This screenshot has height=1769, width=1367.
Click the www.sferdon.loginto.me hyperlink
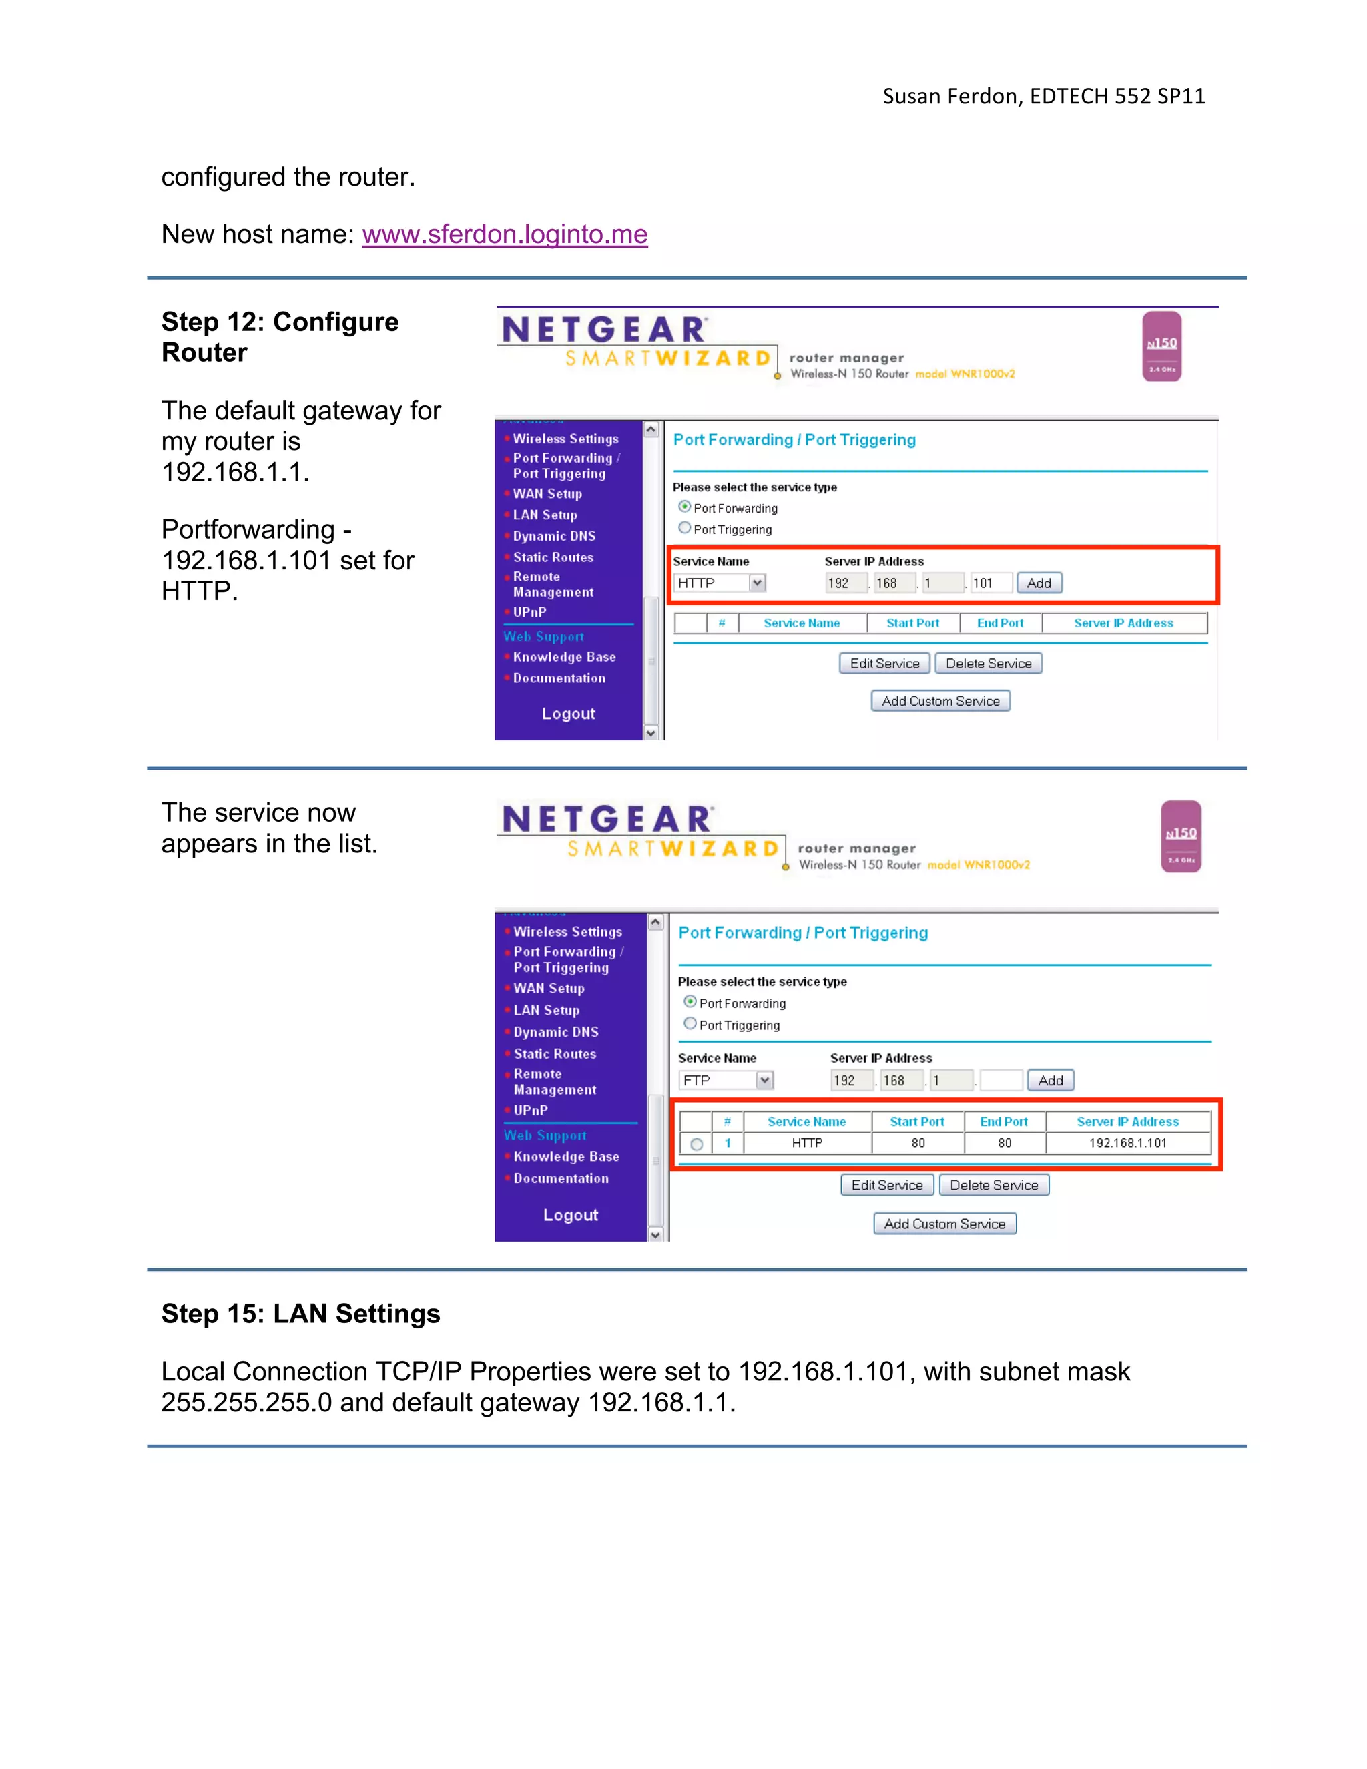[x=505, y=234]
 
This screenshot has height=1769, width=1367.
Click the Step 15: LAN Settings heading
[x=300, y=1313]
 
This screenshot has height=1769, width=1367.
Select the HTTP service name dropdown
[x=720, y=583]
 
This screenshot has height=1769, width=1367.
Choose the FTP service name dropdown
[x=726, y=1081]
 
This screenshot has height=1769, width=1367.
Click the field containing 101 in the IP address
[x=991, y=583]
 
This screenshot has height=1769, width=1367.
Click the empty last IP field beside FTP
[x=1001, y=1081]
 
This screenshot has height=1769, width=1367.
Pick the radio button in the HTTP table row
[x=696, y=1144]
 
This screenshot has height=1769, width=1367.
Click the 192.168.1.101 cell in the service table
[x=1127, y=1143]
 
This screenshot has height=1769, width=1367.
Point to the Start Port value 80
[x=918, y=1143]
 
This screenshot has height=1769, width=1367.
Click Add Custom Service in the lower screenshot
[x=944, y=1224]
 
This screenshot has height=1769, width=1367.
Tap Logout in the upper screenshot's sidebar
[x=569, y=714]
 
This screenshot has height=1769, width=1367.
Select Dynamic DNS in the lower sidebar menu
[x=555, y=1032]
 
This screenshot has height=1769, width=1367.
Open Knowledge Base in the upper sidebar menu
[x=563, y=657]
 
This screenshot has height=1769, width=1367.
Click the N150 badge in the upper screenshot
[x=1161, y=346]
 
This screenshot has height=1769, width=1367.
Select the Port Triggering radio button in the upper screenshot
[x=685, y=529]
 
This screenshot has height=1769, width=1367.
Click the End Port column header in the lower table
[x=1003, y=1122]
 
